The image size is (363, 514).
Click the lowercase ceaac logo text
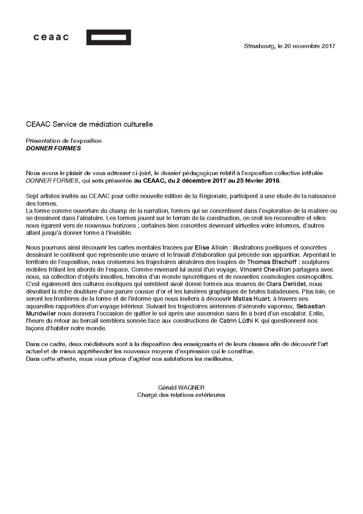pos(51,37)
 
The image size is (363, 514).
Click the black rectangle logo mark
pos(108,37)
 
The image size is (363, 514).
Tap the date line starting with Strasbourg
pos(289,46)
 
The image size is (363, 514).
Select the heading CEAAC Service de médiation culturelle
pos(89,124)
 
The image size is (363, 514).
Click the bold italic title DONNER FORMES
pos(53,149)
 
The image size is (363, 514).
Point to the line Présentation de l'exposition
pos(64,141)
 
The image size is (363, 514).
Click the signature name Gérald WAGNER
pos(181,387)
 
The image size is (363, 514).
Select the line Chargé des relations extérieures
pos(181,395)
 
